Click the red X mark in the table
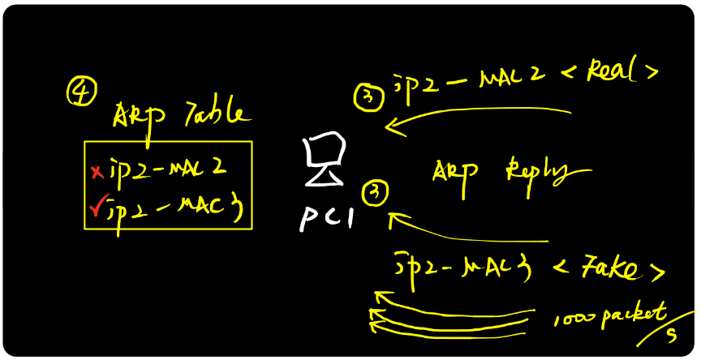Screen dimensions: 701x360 tap(97, 171)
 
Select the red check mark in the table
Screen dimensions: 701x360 tap(97, 209)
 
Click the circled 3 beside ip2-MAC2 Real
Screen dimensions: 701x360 tap(368, 98)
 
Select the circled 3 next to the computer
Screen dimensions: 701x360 tap(376, 192)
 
